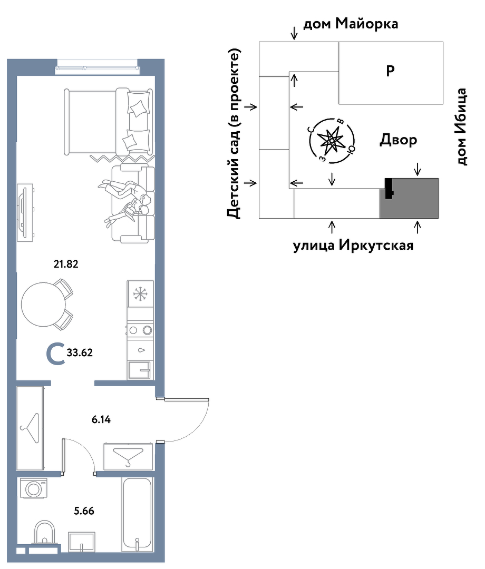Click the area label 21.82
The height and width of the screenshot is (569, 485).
(x=66, y=264)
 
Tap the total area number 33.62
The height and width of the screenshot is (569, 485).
(x=80, y=352)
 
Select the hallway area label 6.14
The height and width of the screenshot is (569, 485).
(x=101, y=420)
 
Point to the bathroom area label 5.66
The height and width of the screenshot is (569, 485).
(x=84, y=511)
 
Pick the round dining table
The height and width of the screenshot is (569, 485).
(x=44, y=305)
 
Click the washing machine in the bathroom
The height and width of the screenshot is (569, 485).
(x=33, y=488)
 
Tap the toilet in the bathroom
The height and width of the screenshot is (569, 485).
(x=45, y=532)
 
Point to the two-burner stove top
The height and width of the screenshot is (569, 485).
(x=140, y=330)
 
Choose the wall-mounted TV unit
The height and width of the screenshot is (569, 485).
(x=25, y=212)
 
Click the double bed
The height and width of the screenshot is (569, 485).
(x=108, y=122)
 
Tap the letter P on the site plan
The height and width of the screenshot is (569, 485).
(x=390, y=71)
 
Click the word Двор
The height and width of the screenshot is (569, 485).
(x=398, y=140)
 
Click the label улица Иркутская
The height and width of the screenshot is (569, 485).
(x=353, y=246)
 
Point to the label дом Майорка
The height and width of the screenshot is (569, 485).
(x=351, y=24)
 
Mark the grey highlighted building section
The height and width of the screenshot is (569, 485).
(x=409, y=198)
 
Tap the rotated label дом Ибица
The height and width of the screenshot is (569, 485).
(x=461, y=126)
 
